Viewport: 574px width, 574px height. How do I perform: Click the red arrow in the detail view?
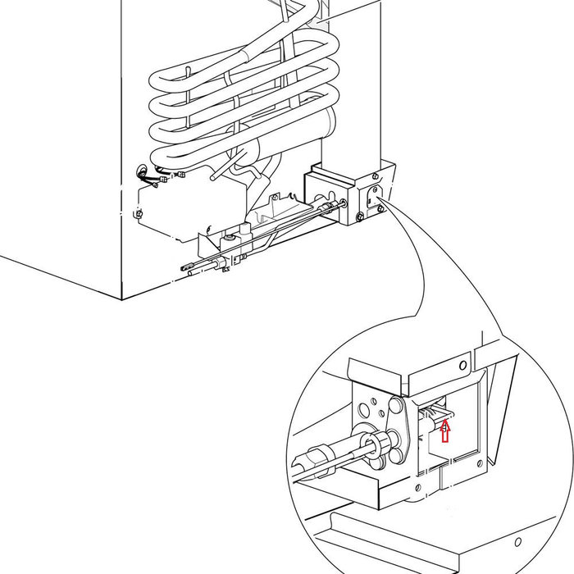pos(445,430)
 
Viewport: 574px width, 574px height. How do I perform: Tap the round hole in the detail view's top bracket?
pos(463,363)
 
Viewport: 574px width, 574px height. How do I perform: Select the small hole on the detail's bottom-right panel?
pos(517,543)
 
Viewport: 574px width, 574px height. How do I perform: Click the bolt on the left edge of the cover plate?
pos(139,215)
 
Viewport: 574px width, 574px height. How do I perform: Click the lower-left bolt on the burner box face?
pos(360,217)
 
